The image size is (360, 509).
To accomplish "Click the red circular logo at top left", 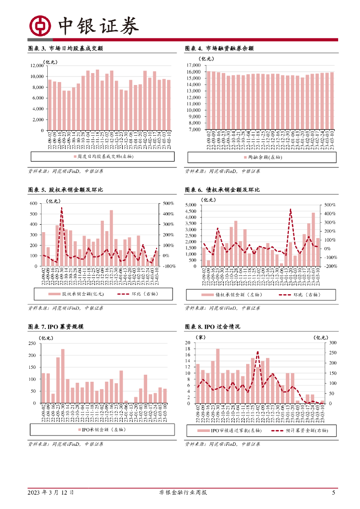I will coord(39,25).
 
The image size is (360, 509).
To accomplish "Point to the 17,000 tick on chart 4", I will coord(193,66).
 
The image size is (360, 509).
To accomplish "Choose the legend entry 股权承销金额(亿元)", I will coord(76,294).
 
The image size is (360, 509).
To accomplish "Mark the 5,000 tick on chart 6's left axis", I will coord(191,205).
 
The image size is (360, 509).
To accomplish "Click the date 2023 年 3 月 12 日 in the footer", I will coord(51,493).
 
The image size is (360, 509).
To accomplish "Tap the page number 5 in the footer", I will coord(334,493).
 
